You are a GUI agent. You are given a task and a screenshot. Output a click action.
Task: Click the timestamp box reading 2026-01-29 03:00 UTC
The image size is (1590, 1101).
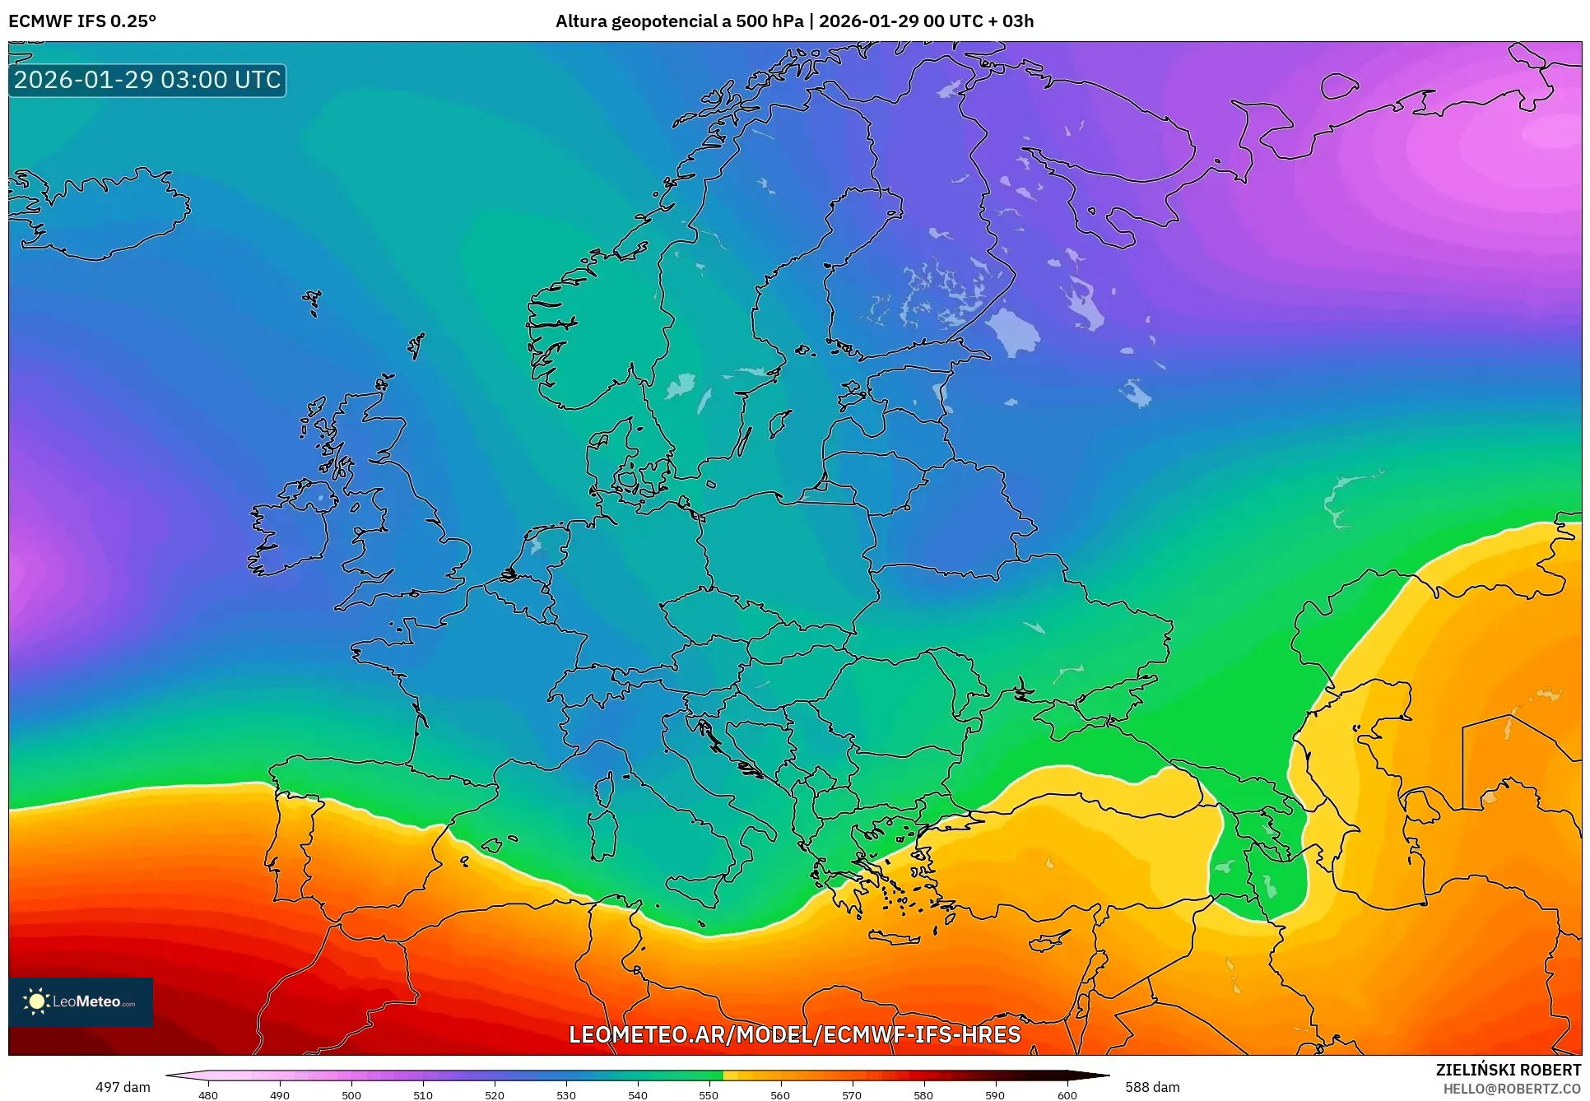[x=147, y=80]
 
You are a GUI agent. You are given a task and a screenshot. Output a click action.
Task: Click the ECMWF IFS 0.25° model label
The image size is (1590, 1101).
[x=82, y=21]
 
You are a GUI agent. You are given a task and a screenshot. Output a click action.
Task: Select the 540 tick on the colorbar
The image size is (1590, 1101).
[x=637, y=1094]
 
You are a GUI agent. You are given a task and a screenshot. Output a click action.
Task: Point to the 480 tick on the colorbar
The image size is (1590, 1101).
[x=208, y=1094]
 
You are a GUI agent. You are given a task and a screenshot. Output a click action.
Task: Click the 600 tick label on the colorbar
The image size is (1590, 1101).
[x=1067, y=1094]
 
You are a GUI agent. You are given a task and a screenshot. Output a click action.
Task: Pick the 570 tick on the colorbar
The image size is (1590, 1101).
[x=852, y=1094]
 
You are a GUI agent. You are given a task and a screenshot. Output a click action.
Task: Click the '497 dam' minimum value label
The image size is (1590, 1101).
[x=123, y=1087]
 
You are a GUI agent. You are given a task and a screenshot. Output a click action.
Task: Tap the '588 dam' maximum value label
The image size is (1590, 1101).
[x=1152, y=1087]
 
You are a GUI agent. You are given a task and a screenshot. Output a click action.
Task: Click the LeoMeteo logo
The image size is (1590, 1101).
[x=81, y=1001]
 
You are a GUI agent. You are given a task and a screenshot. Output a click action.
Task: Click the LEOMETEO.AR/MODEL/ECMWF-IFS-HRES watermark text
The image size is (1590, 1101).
[x=794, y=1034]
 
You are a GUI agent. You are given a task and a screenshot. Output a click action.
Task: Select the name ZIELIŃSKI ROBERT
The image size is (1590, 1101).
[x=1508, y=1070]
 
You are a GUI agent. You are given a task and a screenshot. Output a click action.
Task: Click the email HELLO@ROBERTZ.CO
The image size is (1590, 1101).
[x=1511, y=1089]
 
